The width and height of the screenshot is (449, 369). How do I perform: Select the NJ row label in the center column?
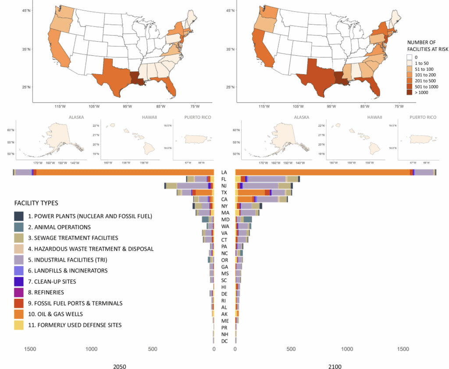coord(224,186)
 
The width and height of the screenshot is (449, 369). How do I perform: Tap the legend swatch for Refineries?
coord(18,292)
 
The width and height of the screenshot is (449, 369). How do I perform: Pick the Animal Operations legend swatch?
coord(18,227)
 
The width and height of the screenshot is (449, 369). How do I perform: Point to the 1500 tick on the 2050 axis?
coord(30,350)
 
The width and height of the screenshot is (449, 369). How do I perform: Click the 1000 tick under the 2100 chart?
coord(346,350)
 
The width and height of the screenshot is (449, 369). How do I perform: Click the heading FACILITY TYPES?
coord(36,204)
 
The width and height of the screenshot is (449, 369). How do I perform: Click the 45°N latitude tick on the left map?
coord(26,10)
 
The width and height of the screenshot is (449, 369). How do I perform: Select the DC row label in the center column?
coord(224,341)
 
